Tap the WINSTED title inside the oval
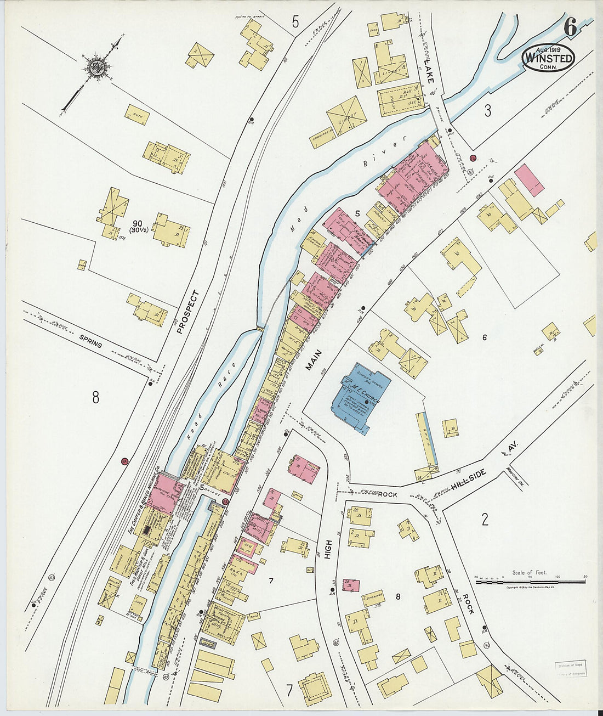[x=549, y=58]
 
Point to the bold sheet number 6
[x=570, y=27]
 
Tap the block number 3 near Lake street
[x=487, y=111]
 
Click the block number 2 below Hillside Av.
[x=485, y=519]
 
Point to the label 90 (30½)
[x=136, y=219]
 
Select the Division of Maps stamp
[x=570, y=668]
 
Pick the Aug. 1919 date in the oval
[x=548, y=48]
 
